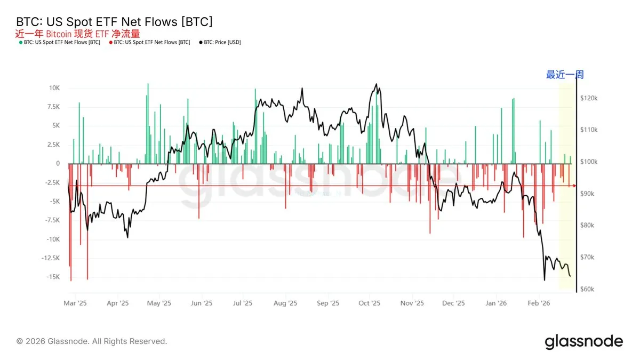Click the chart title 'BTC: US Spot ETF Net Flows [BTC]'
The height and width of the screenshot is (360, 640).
[x=115, y=22]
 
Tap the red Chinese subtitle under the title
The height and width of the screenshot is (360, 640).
[x=78, y=34]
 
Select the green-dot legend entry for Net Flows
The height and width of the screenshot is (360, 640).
[x=59, y=42]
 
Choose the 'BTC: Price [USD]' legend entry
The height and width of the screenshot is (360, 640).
[x=220, y=42]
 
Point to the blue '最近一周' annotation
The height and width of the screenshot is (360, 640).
[x=565, y=75]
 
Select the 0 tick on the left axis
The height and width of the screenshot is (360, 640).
[x=57, y=164]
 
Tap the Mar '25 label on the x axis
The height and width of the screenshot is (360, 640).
[x=75, y=303]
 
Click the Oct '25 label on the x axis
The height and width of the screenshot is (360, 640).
[x=369, y=303]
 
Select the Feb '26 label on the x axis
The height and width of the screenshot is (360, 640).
[x=539, y=303]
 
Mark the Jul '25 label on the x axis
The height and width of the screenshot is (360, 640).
[x=243, y=303]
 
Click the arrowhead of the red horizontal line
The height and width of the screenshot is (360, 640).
[x=574, y=186]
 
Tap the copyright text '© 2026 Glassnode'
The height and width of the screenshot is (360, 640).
[x=92, y=341]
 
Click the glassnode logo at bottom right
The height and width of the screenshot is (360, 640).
[x=583, y=341]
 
